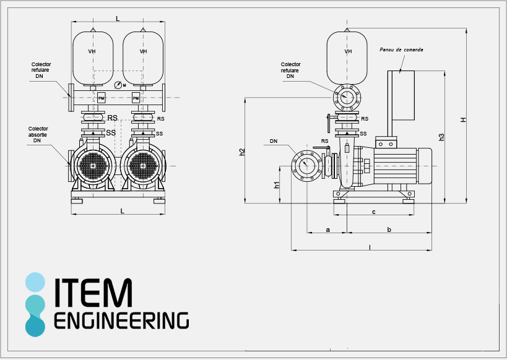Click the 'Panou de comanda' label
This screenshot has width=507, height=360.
pos(401,49)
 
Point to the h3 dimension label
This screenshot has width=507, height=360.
pos(441,137)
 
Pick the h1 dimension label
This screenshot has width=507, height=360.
pos(277,184)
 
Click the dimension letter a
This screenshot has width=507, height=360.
pos(327,229)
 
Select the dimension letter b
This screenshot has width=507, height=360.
pos(389,229)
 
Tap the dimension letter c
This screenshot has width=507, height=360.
pos(374,212)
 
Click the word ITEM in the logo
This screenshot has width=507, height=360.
pos(93,293)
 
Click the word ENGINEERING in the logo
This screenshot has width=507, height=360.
pos(121,320)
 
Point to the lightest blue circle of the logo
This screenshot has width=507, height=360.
pos(35,282)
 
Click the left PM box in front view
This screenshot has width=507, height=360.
pos(102,98)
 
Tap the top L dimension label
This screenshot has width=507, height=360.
pos(118,19)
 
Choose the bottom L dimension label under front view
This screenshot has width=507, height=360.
pos(122,211)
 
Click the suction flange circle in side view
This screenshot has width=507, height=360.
pos(306,165)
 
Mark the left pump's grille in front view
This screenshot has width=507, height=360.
pos(93,166)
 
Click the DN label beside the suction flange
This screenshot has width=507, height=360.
pos(274,141)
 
